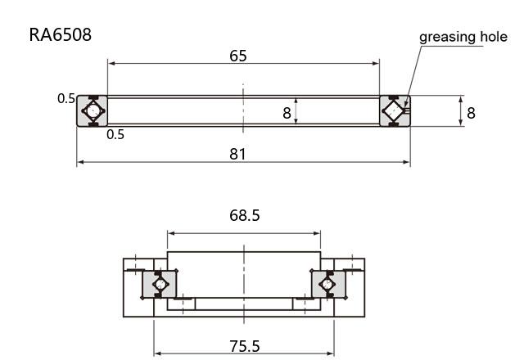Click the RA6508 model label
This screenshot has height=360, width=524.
coord(60,34)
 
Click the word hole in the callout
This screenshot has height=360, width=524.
coord(494,36)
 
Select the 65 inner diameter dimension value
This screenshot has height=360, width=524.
coord(238,56)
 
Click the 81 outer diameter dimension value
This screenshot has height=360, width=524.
coord(237,154)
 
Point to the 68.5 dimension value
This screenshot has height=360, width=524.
coord(244,215)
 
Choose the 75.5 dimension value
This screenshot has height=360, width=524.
coord(244,346)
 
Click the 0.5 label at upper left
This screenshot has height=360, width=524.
coord(66,98)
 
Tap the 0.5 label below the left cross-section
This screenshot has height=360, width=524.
coord(115,134)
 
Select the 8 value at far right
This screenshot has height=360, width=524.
coord(471,113)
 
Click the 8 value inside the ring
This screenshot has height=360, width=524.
coord(287,113)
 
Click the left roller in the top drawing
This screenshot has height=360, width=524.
coord(93,111)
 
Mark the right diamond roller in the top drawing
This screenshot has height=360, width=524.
coord(394,111)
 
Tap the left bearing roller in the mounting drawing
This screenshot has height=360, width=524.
coord(160,284)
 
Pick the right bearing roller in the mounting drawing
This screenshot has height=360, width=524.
coord(327,284)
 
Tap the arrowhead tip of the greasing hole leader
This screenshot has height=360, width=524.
coord(405,107)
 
